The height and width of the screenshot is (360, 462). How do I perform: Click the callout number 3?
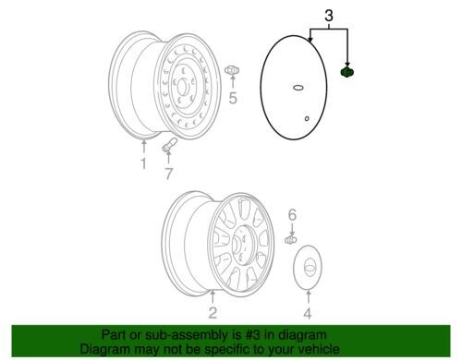click(x=329, y=16)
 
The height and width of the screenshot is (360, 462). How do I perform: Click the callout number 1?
click(x=143, y=163)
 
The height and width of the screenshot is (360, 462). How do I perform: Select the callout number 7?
click(x=168, y=174)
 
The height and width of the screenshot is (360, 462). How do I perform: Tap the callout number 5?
click(x=233, y=98)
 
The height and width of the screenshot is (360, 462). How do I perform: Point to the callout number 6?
click(x=292, y=214)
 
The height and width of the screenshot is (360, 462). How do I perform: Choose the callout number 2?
click(x=213, y=313)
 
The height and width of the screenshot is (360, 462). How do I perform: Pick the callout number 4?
click(x=308, y=313)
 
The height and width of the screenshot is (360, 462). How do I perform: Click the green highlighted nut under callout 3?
click(x=346, y=72)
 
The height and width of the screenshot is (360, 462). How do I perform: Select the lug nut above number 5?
click(x=232, y=70)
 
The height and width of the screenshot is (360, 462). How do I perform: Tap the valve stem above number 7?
click(x=169, y=145)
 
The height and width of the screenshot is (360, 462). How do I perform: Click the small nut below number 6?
click(x=291, y=240)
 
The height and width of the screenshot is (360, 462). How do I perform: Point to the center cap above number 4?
click(x=308, y=267)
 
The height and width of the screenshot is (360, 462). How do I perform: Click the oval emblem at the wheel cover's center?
click(x=298, y=88)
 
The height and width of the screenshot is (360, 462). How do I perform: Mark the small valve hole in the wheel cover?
click(x=307, y=118)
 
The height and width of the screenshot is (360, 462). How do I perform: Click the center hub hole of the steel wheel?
click(x=181, y=87)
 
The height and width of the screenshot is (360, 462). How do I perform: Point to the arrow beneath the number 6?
click(x=292, y=229)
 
